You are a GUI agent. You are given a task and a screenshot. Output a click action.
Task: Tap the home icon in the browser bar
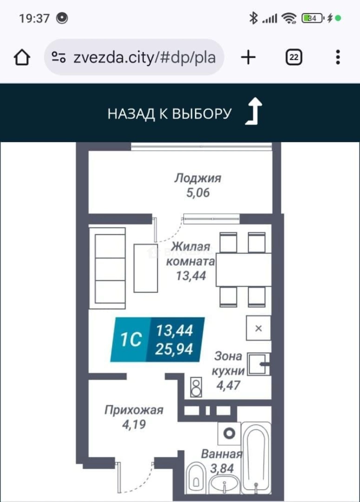(x=22, y=58)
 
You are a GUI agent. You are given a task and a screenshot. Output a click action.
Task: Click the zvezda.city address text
(x=144, y=58)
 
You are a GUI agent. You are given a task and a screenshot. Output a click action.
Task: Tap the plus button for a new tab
(x=248, y=58)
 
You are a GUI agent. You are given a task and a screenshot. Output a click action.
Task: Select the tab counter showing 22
(x=294, y=58)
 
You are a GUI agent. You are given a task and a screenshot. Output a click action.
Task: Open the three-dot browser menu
(x=338, y=58)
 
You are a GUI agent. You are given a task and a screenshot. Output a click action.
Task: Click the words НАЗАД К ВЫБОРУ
(x=169, y=114)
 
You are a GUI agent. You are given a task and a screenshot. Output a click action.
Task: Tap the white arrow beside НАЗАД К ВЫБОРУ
(x=254, y=111)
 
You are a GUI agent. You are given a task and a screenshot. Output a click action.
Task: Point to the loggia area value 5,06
(x=198, y=193)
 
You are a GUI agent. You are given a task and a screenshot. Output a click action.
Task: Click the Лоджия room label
(x=198, y=178)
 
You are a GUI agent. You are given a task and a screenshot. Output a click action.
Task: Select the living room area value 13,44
(x=191, y=276)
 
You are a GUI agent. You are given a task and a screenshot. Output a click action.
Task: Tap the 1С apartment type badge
(x=131, y=339)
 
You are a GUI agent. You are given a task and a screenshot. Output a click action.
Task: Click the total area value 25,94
(x=174, y=349)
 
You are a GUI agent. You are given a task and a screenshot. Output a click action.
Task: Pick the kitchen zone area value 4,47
(x=228, y=385)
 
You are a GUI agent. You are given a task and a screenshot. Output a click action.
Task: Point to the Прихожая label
(x=134, y=410)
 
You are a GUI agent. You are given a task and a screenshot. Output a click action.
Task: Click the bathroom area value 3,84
(x=222, y=469)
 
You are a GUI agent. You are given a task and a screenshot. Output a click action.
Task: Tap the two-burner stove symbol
(x=196, y=387)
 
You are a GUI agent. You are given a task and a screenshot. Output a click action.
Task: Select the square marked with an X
(x=258, y=328)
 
